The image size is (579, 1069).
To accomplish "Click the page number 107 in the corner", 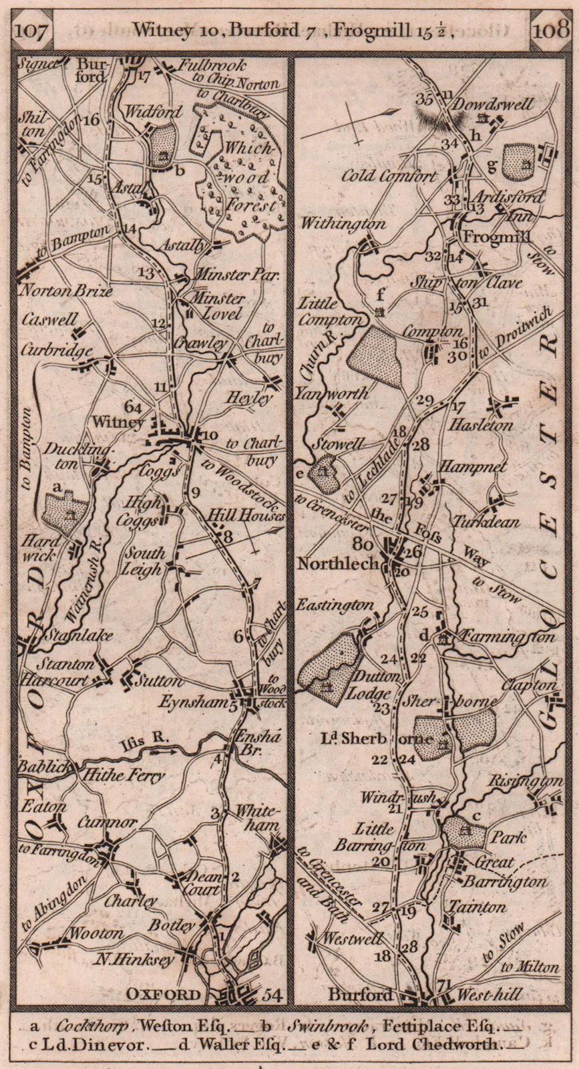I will point(31,31).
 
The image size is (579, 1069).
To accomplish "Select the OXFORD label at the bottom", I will point(164,995).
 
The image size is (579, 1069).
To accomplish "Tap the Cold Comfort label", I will point(389,176).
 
